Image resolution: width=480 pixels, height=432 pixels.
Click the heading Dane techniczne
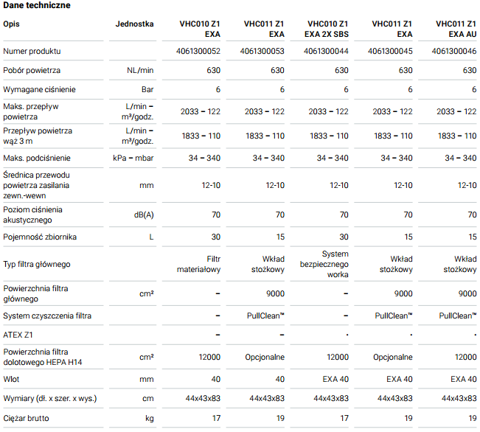37,5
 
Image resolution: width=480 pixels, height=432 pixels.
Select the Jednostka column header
134,24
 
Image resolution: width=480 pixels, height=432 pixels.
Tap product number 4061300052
198,51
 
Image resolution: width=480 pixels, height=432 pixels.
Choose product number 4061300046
454,51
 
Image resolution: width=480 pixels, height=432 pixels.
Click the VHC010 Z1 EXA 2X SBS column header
327,29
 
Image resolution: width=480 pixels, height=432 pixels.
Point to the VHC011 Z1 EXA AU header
456,29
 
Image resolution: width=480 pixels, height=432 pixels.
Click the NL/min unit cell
140,71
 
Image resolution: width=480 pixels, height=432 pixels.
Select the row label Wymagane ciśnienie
39,89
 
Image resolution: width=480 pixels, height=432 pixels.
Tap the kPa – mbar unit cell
133,158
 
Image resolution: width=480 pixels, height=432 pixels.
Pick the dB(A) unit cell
144,215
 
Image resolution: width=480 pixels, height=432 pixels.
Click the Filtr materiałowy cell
198,264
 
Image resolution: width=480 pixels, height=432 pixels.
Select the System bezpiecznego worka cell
324,264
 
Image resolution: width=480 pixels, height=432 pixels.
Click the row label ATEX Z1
18,335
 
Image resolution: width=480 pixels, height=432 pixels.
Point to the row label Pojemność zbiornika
40,237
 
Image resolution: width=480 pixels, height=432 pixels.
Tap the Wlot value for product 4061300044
335,380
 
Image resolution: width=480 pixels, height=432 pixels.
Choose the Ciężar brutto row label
26,418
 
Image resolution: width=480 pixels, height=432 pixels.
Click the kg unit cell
150,418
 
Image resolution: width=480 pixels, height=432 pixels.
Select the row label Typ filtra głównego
37,264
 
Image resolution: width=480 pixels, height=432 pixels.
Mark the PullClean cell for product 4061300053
265,316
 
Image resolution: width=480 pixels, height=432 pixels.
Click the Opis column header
11,24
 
